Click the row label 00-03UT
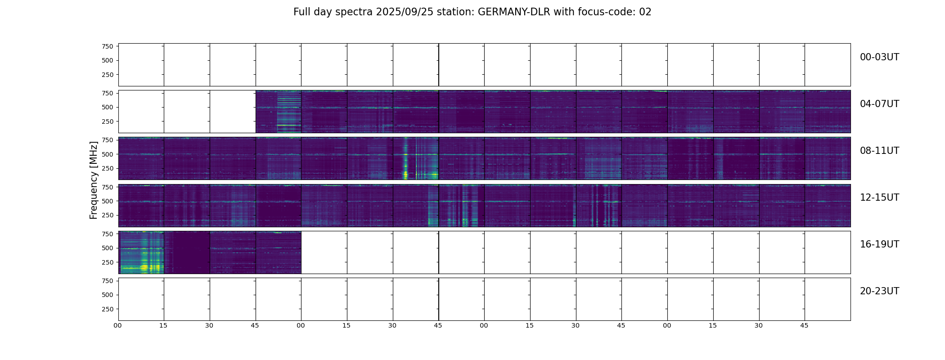[879, 57]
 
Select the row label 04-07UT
[879, 104]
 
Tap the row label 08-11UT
[879, 151]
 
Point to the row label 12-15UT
[879, 198]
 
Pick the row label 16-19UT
[879, 244]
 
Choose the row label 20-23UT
[879, 291]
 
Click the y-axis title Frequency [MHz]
[94, 180]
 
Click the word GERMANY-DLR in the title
[513, 12]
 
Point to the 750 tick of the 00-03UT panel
[108, 46]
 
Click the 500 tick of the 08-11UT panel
[108, 154]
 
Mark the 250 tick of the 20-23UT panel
[108, 309]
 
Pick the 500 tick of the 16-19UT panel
[108, 248]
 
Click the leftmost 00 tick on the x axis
[118, 325]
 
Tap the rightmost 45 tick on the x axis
[804, 325]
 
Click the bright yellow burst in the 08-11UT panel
[406, 173]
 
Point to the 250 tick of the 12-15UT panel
[108, 216]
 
